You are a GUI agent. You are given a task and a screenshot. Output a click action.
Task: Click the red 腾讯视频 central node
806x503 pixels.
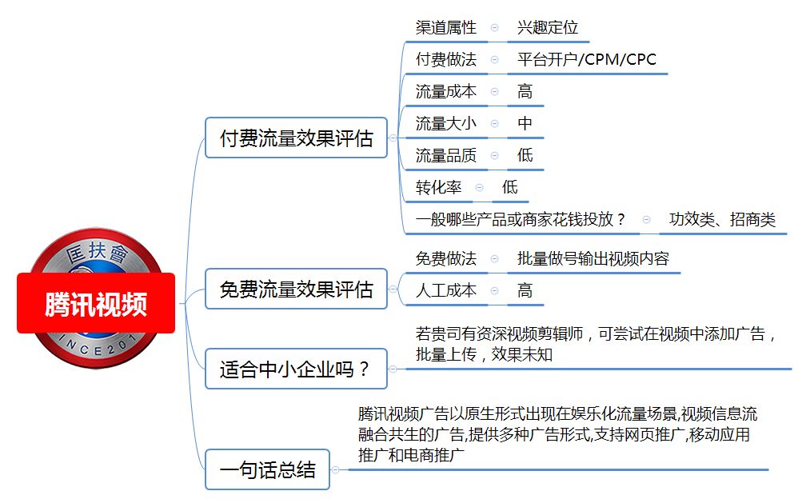tap(96, 303)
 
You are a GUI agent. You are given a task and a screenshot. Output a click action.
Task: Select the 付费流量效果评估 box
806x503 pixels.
tap(296, 138)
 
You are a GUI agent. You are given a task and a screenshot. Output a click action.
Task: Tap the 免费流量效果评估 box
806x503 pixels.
tap(296, 289)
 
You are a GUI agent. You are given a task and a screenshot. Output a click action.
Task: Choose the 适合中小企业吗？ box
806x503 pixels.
tap(296, 369)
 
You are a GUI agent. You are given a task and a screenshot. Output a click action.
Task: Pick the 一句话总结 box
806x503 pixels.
tap(267, 469)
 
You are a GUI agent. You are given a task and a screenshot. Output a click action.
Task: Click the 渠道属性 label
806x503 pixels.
tap(445, 27)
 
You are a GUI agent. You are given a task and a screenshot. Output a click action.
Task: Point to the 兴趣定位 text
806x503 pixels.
tap(548, 27)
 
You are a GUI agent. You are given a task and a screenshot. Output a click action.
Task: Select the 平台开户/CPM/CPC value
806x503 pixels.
tap(587, 59)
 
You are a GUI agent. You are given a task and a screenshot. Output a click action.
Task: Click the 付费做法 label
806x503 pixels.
tap(445, 59)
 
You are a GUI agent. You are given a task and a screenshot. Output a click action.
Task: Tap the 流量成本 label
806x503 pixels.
tap(445, 91)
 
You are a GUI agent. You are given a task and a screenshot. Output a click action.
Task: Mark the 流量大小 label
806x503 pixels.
tap(445, 123)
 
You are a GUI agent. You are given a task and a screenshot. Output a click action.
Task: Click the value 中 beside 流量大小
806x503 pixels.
tap(525, 123)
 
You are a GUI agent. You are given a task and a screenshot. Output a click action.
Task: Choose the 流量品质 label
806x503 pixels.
tap(445, 155)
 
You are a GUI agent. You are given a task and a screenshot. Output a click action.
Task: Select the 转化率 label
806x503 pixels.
tap(438, 187)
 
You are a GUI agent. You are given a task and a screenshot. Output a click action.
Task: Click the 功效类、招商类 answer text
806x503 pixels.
tap(722, 220)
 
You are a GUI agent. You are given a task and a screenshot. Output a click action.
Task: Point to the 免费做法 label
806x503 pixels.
tap(445, 258)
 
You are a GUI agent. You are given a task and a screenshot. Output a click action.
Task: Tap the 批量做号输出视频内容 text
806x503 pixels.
tap(593, 258)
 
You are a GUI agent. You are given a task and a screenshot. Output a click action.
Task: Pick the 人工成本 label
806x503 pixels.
tap(445, 290)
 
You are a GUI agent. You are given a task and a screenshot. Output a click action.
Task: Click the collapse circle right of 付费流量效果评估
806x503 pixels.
tap(393, 138)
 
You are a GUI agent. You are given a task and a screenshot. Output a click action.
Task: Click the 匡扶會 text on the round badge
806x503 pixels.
tap(98, 253)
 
